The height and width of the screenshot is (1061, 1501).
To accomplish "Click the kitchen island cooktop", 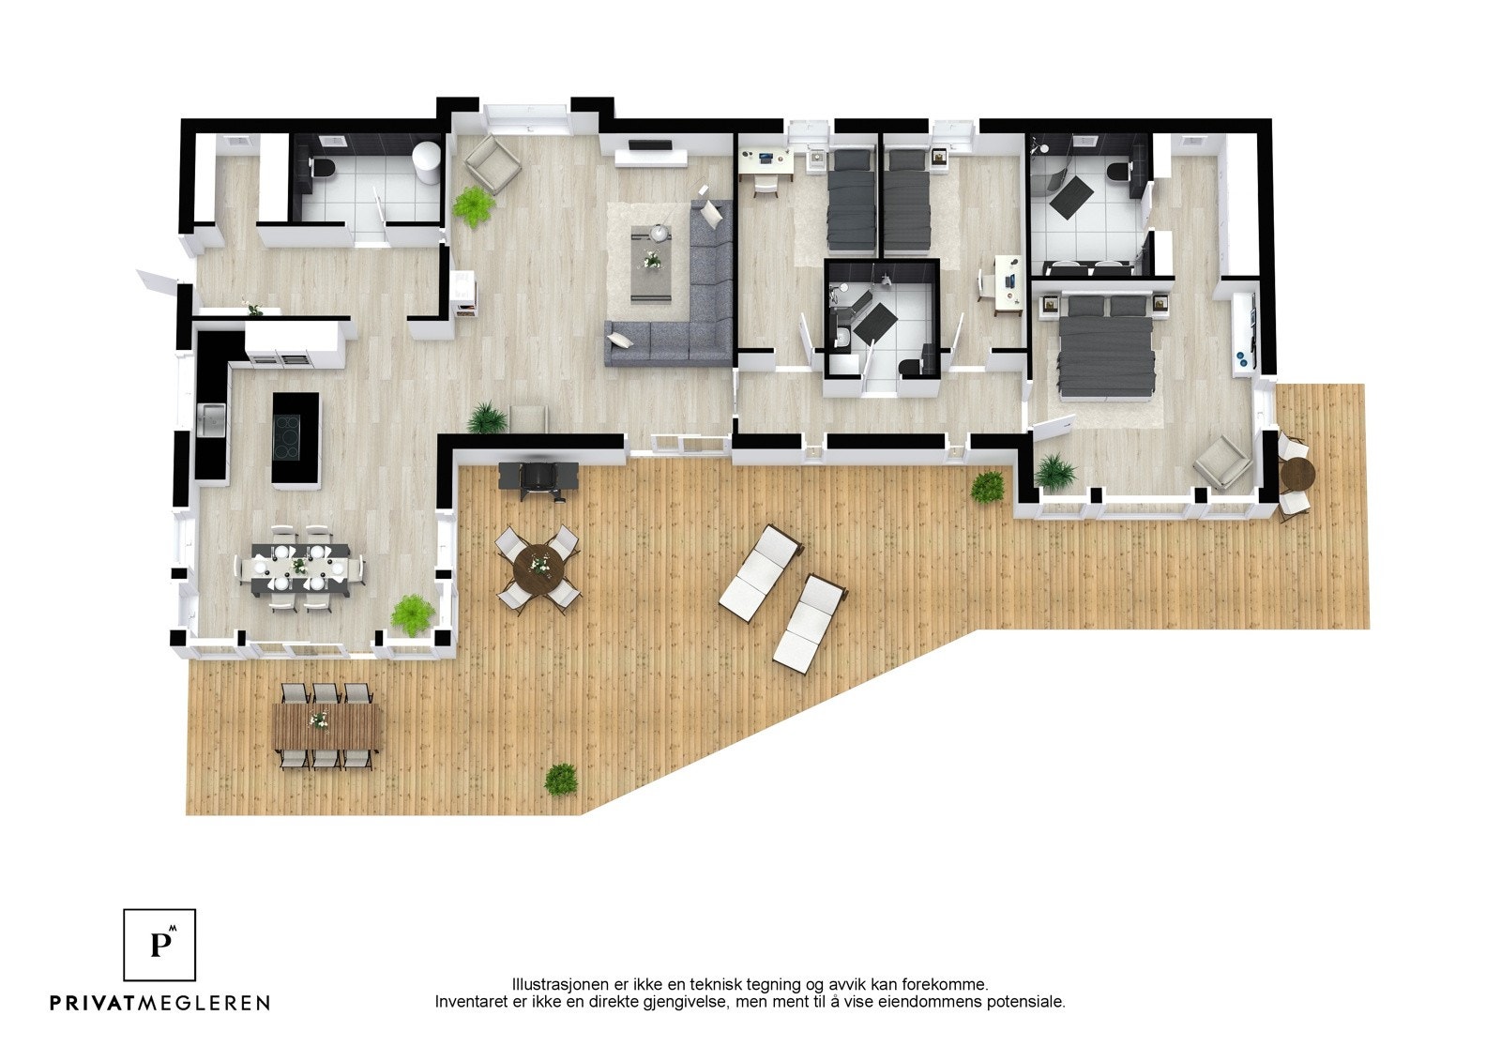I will click(x=295, y=437).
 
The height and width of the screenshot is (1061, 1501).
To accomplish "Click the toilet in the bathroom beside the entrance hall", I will click(x=324, y=172).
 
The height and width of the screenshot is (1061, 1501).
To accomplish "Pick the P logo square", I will click(x=159, y=944).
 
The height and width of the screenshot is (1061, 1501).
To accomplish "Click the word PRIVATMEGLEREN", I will click(x=159, y=1003).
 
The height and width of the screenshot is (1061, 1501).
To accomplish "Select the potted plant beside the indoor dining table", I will click(x=413, y=614).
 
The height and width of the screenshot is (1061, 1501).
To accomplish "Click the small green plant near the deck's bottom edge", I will click(x=561, y=780).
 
